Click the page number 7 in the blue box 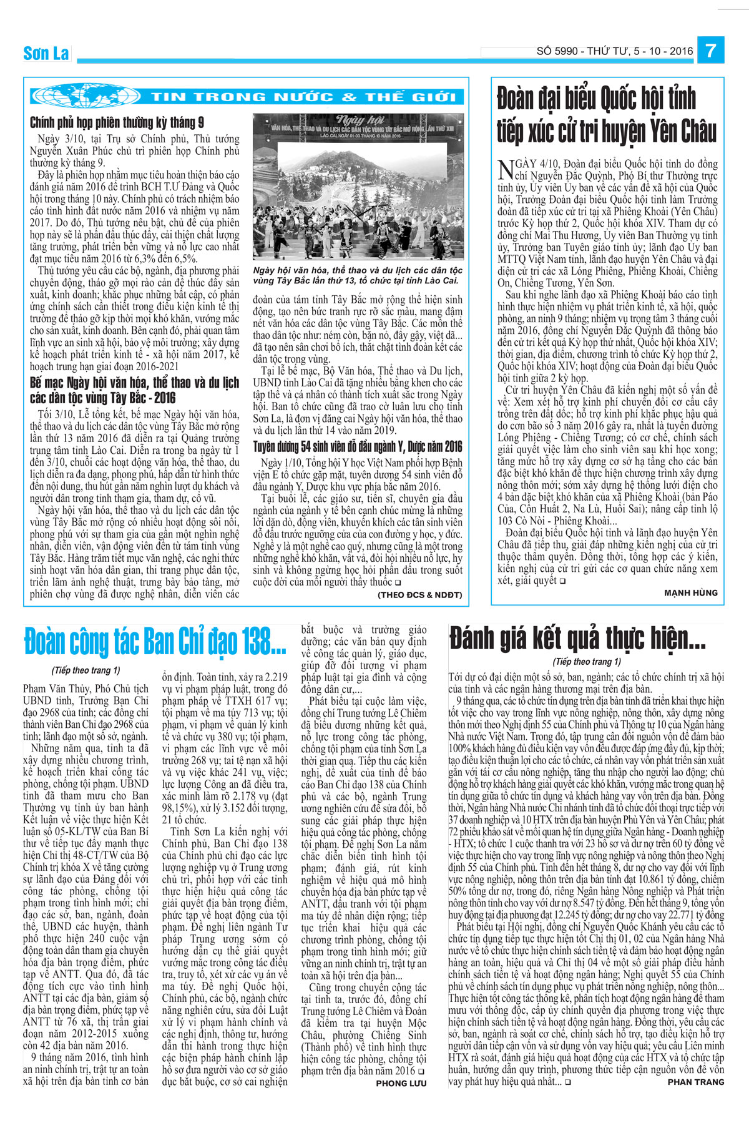710,50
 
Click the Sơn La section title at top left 46,54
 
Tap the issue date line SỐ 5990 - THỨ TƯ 614,51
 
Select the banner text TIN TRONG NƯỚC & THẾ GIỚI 303,97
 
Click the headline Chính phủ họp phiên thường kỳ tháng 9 117,122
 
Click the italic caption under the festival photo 358,275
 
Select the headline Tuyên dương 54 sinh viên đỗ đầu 358,446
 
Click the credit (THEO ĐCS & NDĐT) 419,595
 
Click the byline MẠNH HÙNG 690,592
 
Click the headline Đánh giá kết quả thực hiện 577,639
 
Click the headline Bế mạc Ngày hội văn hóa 134,390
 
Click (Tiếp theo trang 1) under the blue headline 86,670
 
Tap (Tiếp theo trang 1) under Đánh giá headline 587,662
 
